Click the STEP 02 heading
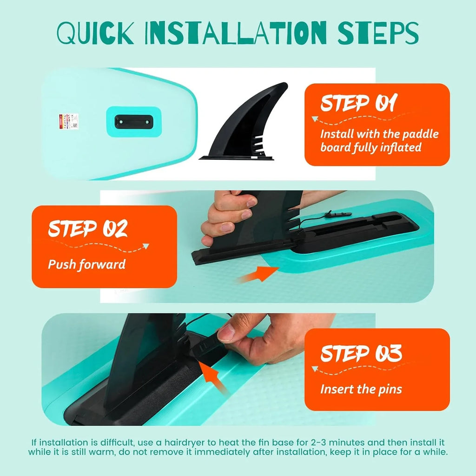pos(88,229)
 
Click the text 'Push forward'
pos(87,265)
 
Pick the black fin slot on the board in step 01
pos(133,121)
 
